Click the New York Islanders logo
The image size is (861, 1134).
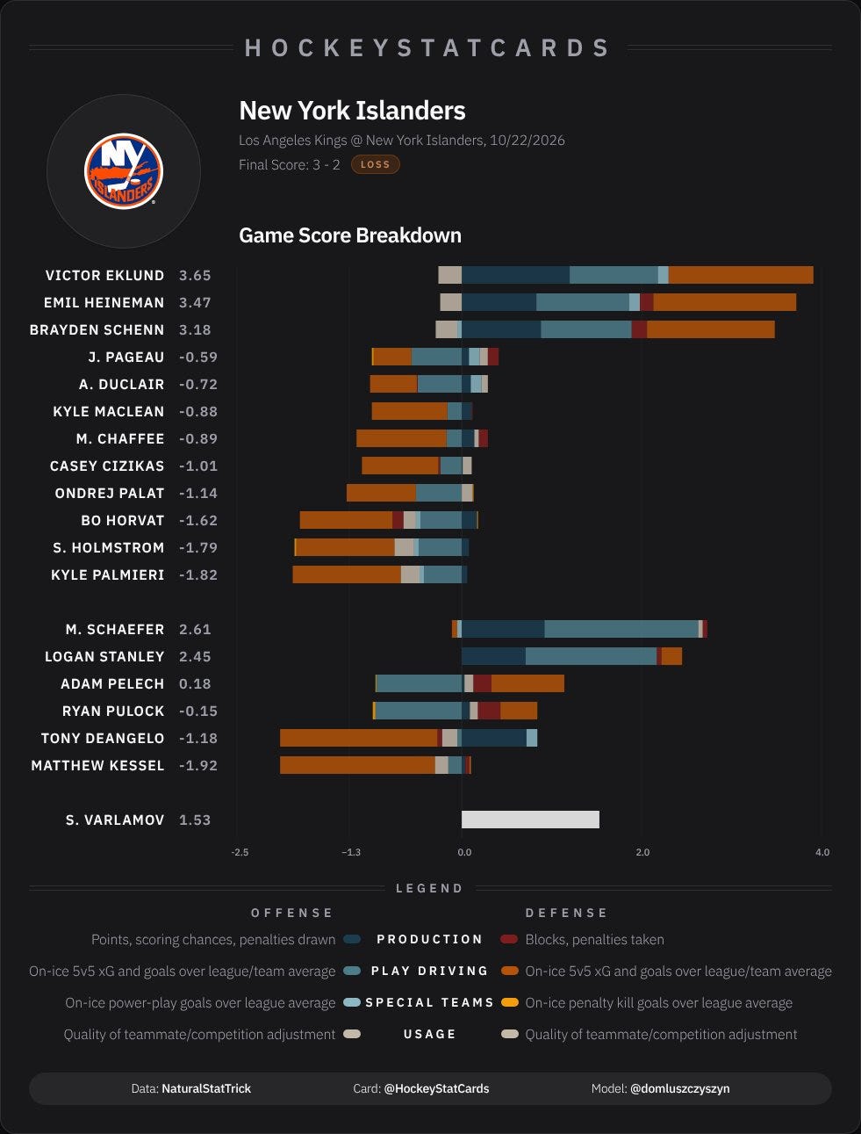(124, 171)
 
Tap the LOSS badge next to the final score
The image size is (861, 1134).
(376, 164)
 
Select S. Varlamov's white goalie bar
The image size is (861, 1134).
(530, 820)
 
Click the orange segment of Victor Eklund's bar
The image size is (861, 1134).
(741, 275)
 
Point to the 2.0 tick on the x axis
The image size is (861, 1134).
(642, 852)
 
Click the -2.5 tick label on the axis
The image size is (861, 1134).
(240, 852)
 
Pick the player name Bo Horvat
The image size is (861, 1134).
(122, 520)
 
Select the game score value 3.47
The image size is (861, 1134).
(195, 302)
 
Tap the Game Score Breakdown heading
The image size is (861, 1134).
(350, 235)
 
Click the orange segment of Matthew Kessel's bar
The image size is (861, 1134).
(357, 765)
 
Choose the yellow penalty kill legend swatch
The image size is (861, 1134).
(509, 1003)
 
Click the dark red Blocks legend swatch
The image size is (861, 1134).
(509, 939)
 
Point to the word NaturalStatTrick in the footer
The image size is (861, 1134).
(206, 1088)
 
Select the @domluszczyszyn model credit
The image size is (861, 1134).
(680, 1088)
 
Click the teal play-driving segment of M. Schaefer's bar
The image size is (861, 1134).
(621, 629)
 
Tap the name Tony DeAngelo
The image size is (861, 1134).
(103, 738)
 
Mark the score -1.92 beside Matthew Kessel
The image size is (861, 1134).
(198, 765)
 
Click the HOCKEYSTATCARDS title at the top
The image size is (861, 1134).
(428, 48)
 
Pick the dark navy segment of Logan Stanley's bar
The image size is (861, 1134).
(493, 656)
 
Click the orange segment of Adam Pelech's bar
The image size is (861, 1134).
(527, 683)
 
